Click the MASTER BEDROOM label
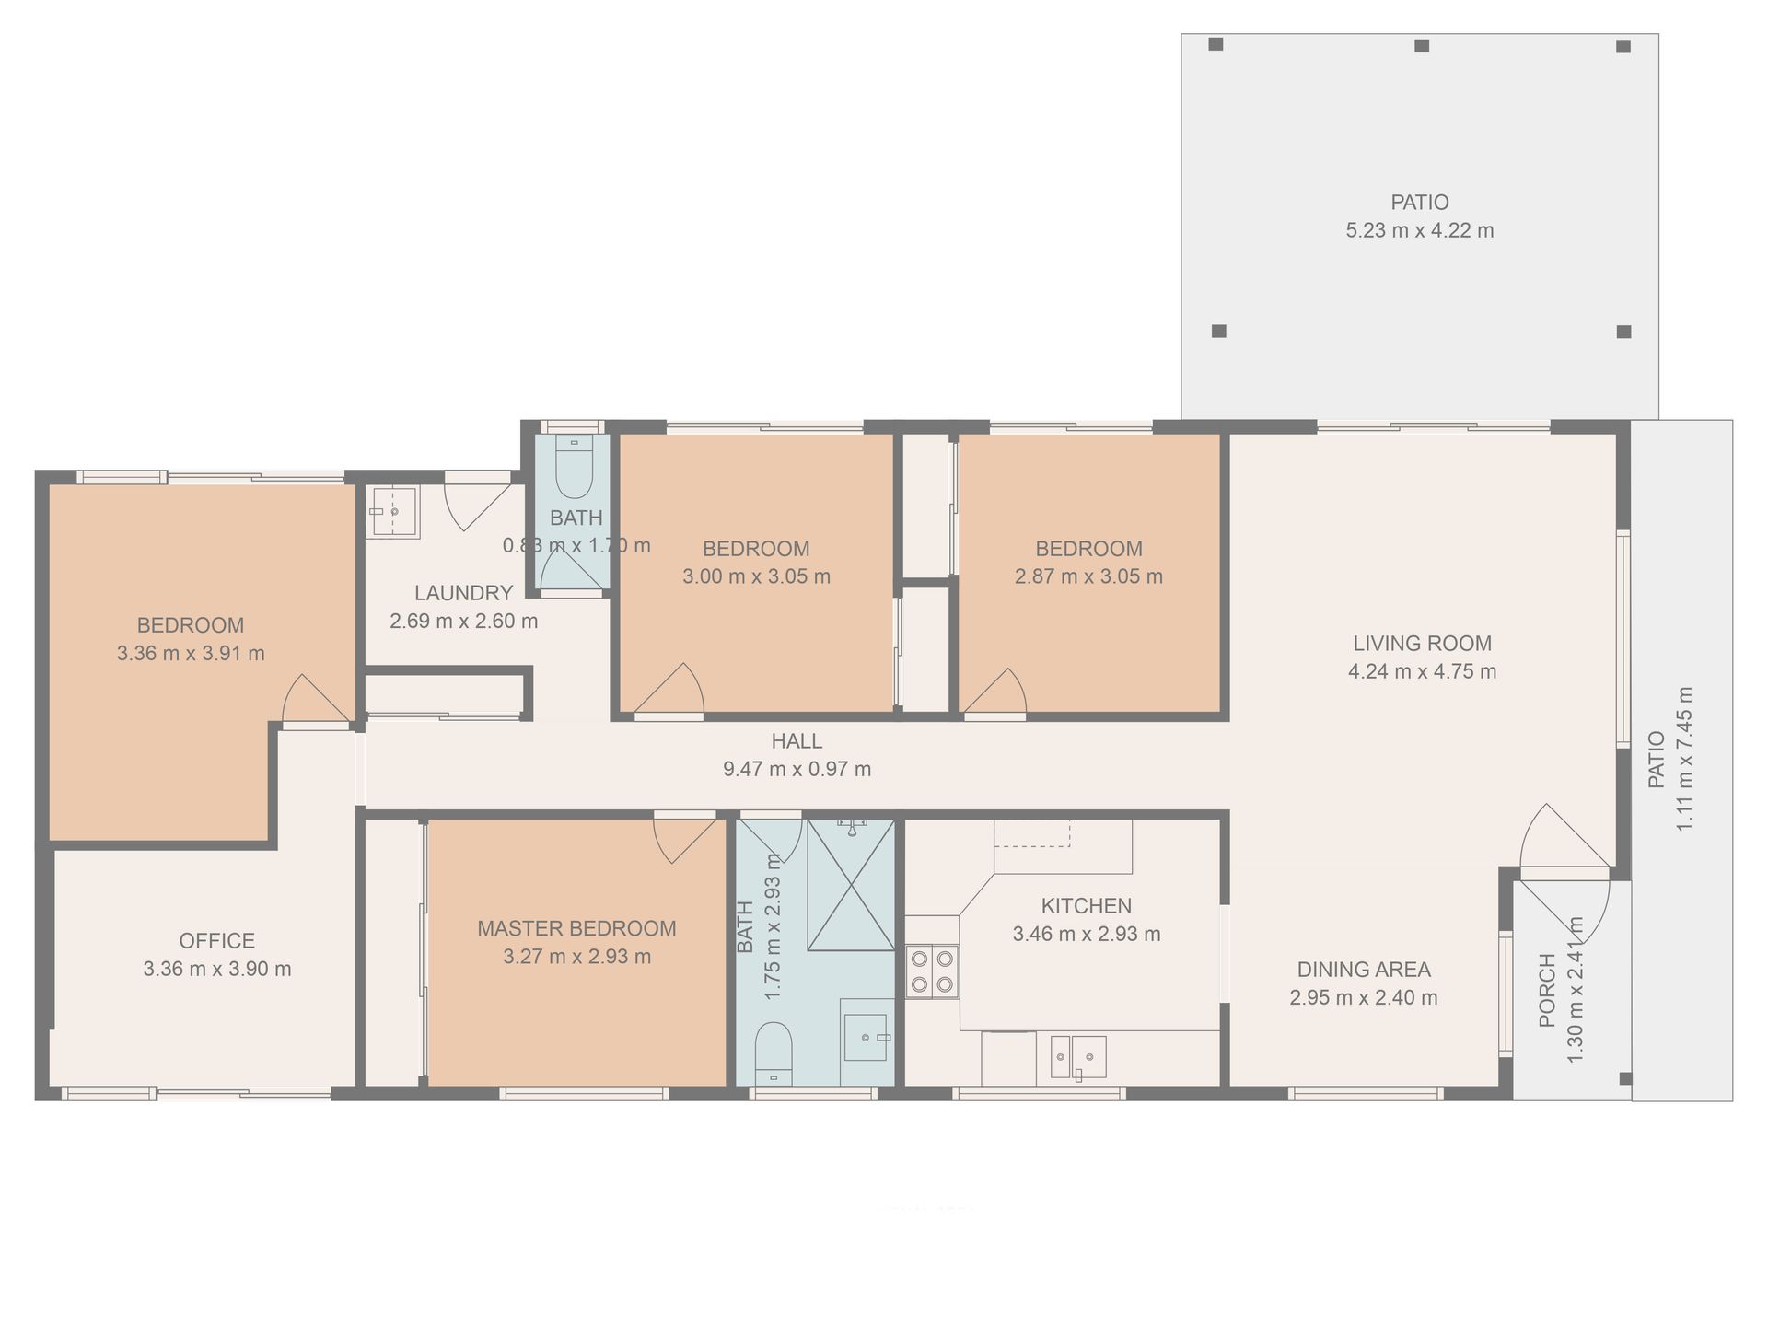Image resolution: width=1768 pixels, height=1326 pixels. (x=576, y=928)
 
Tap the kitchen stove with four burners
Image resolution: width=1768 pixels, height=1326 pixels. (x=932, y=972)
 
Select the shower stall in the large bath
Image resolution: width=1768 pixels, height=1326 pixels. (x=851, y=885)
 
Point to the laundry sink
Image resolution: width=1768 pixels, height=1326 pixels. (x=393, y=512)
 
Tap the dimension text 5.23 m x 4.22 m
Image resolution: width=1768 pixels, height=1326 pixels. (x=1420, y=230)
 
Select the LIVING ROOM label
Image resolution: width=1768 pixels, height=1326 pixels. (x=1422, y=643)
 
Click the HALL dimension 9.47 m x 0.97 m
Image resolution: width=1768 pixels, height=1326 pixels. (x=797, y=769)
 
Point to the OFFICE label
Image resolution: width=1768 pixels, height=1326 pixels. (x=216, y=940)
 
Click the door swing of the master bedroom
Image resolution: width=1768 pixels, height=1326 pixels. (x=684, y=838)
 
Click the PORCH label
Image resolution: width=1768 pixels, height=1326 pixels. (x=1547, y=991)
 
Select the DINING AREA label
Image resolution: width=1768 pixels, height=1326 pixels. (x=1364, y=969)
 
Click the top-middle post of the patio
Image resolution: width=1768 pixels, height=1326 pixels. (x=1422, y=45)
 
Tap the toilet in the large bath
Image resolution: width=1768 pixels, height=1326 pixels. (x=773, y=1053)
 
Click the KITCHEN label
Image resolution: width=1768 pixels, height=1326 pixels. (x=1087, y=905)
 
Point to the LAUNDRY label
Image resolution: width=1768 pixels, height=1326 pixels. (x=463, y=593)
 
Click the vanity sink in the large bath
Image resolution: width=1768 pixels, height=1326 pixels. (x=866, y=1038)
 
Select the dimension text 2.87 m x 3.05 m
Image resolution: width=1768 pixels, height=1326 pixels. (x=1088, y=576)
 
